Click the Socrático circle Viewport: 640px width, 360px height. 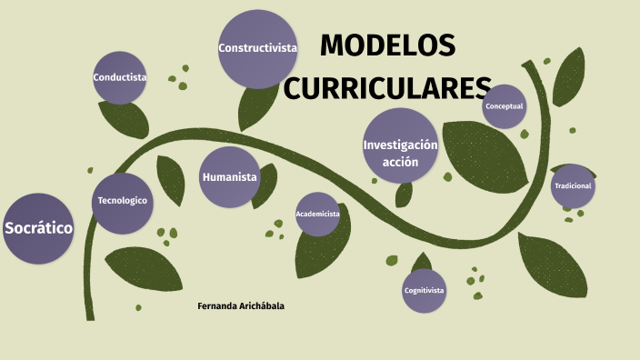point(37,229)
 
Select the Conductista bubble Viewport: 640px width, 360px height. point(120,77)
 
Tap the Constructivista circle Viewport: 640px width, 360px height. point(257,48)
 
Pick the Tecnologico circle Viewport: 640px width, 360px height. point(122,201)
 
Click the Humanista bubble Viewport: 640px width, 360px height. point(230,177)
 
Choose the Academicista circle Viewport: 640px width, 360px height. point(317,214)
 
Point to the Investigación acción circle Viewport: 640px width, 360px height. point(400,145)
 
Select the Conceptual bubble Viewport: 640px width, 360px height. point(504,106)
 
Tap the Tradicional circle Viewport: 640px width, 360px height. point(573,186)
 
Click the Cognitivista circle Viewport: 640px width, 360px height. point(424,291)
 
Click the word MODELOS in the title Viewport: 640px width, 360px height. point(387,45)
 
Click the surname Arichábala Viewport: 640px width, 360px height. point(262,306)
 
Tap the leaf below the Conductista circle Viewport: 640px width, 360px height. point(125,118)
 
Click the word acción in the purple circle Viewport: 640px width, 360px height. point(400,162)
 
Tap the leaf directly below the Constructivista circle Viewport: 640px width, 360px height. point(256,107)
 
